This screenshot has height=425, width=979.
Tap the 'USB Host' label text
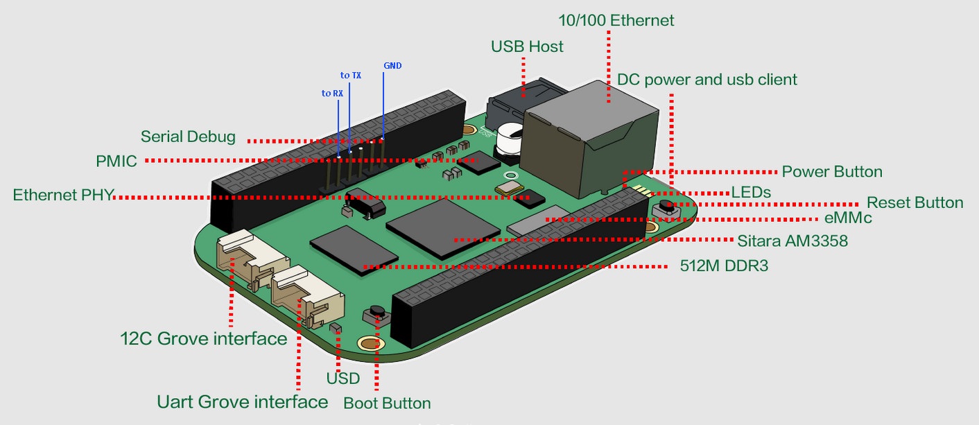point(527,46)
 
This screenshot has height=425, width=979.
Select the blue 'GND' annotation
point(392,66)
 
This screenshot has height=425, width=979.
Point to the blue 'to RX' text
point(331,94)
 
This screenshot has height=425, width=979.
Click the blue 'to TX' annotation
point(350,75)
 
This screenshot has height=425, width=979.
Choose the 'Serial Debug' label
point(188,137)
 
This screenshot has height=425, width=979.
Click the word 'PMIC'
point(116,162)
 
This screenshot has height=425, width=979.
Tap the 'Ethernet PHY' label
point(63,196)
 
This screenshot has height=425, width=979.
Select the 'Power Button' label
point(832,172)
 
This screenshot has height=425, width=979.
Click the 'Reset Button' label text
point(915,203)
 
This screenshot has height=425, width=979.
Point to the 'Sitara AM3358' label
point(792,241)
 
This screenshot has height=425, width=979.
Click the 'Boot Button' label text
point(387,403)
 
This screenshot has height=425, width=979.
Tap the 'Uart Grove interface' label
point(242,401)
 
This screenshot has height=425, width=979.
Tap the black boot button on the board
point(378,313)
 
